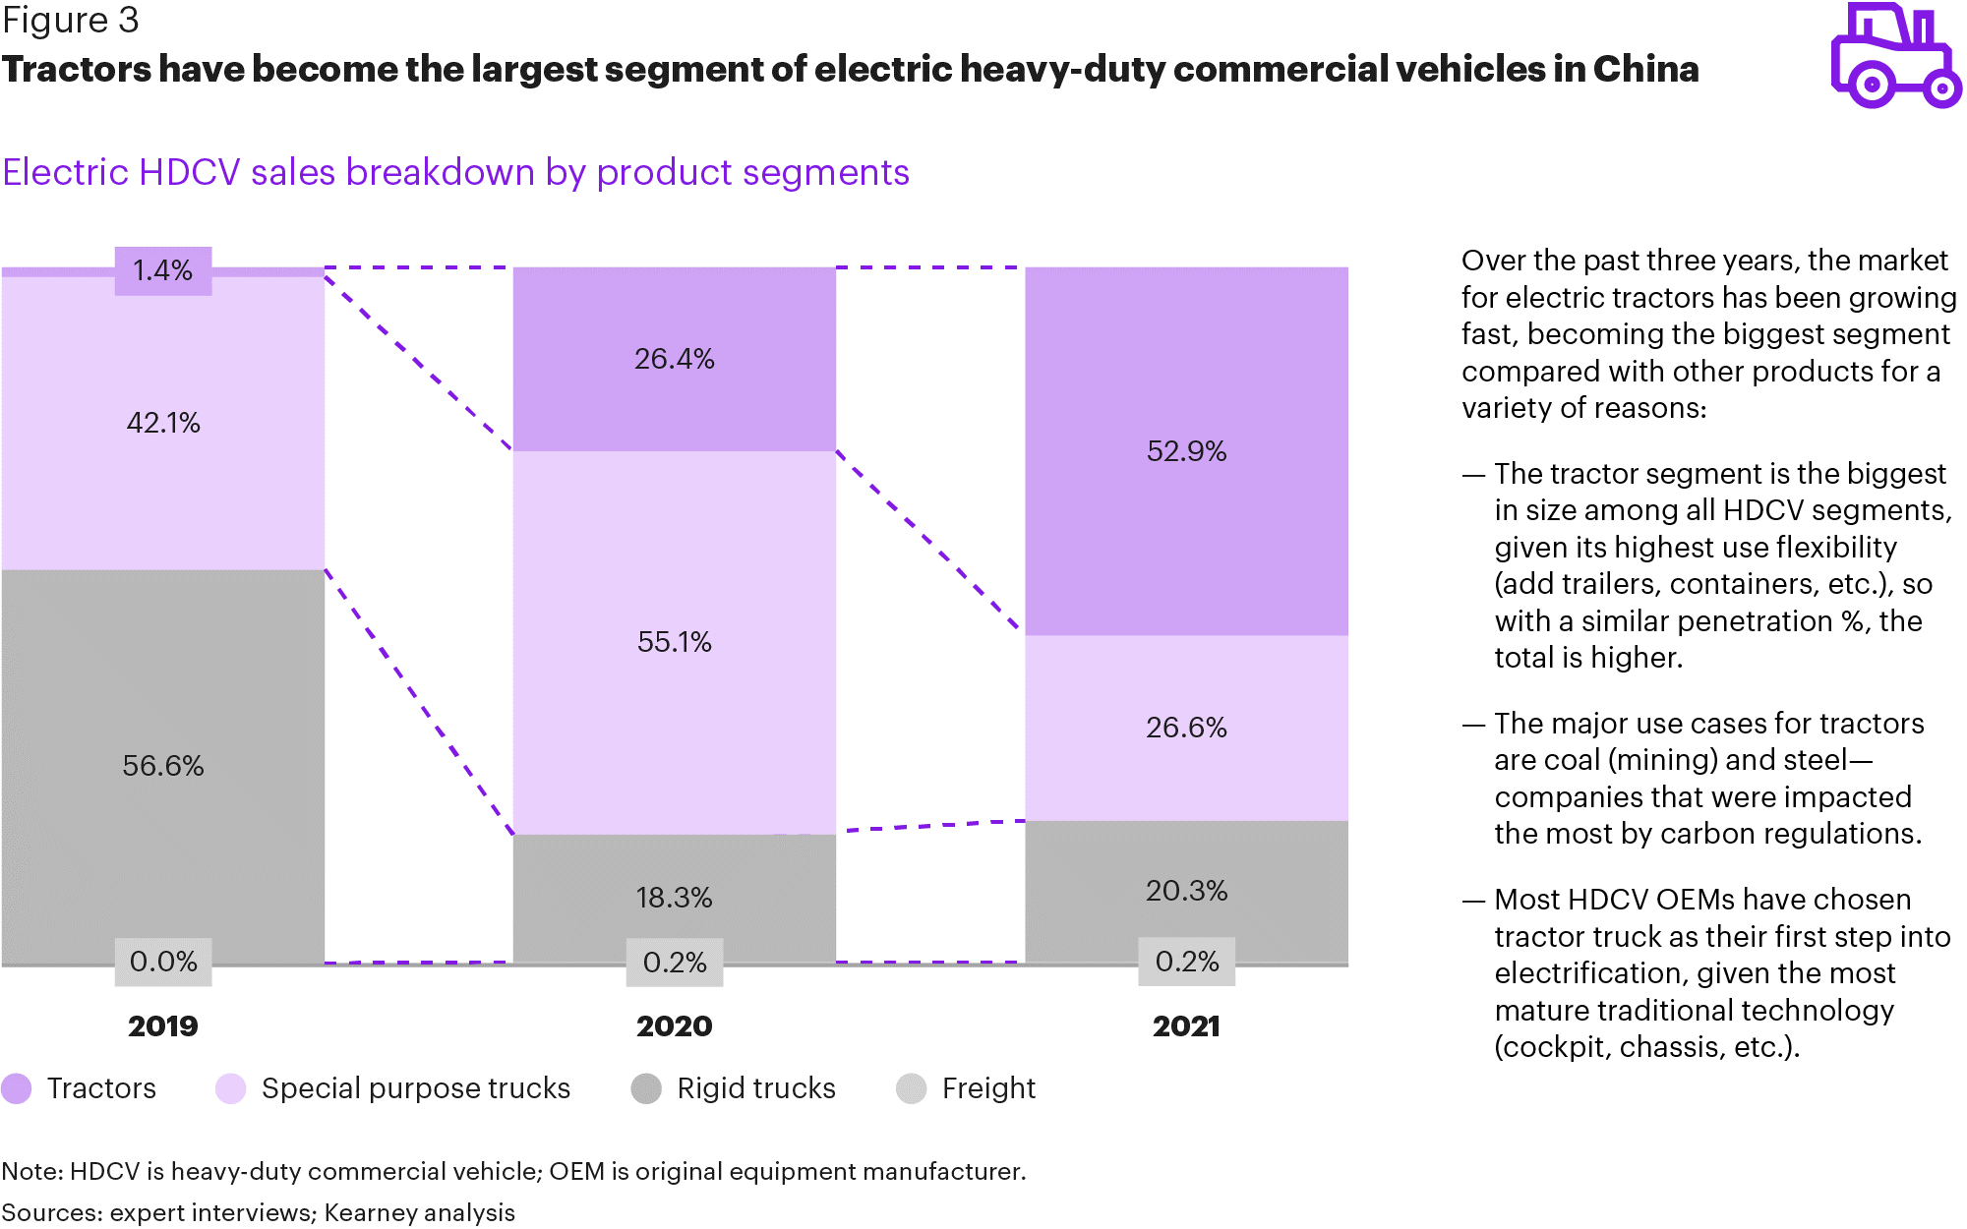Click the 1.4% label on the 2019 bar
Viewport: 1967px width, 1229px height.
tap(163, 270)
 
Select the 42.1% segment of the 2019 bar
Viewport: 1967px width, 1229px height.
tap(163, 423)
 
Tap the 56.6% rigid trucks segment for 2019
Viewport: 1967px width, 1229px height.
tap(163, 765)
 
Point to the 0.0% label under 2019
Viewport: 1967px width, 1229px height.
tap(163, 961)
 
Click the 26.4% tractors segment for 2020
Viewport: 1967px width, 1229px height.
tap(674, 359)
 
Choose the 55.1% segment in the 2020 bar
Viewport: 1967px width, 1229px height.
tap(674, 642)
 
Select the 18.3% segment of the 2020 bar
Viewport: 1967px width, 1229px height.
tap(674, 897)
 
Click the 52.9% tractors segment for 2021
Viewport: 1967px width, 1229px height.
tap(1186, 451)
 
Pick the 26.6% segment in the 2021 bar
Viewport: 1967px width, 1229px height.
tap(1186, 728)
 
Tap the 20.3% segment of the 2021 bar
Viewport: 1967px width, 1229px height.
tap(1186, 891)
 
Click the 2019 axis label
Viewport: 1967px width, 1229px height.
tap(163, 1026)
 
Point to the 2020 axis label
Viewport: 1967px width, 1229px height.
tap(674, 1026)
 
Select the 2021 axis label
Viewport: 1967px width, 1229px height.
tap(1186, 1026)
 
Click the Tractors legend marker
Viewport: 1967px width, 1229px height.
tap(17, 1088)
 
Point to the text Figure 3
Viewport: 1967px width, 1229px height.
tap(71, 20)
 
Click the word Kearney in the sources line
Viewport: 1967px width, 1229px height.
tap(369, 1212)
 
